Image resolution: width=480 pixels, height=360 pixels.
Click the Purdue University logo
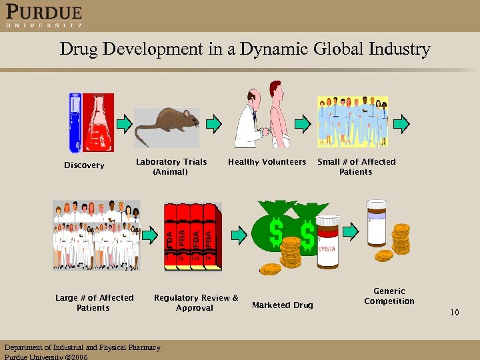coord(44,16)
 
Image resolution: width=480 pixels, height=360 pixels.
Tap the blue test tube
coord(75,124)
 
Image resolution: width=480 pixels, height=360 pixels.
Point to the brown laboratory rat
coord(170,123)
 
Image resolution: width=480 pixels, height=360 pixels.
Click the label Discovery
coord(84,165)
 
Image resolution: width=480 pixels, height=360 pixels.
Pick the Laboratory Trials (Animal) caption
coord(171,167)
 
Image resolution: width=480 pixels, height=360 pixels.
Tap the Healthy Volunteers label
coord(267,162)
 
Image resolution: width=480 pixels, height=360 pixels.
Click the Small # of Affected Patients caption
coord(356,167)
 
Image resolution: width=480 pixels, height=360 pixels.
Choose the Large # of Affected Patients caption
coord(94,303)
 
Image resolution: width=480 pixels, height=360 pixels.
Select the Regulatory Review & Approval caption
coord(195,303)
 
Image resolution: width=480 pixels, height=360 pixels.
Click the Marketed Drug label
coord(282,305)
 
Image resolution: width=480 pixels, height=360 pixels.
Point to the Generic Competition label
coord(389,296)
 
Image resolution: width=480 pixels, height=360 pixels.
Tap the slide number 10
coord(454,312)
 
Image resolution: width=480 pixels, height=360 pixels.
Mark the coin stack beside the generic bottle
coord(401,238)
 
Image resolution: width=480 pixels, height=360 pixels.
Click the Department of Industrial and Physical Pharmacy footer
coord(83,347)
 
